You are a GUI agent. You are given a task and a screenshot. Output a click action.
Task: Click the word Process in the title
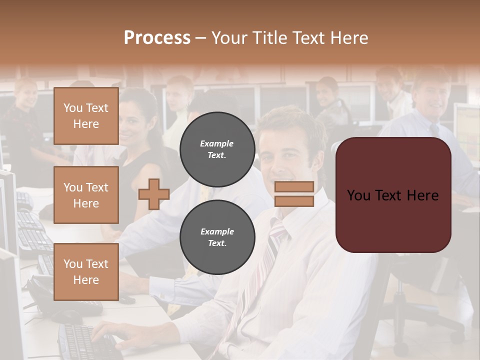pyautogui.click(x=157, y=38)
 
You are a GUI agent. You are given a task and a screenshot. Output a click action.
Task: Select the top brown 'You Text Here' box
pyautogui.click(x=86, y=116)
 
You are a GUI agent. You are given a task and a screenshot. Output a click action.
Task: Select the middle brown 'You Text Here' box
pyautogui.click(x=86, y=195)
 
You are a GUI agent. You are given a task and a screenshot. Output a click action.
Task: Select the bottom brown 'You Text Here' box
pyautogui.click(x=86, y=271)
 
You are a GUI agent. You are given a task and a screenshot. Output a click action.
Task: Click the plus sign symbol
pyautogui.click(x=153, y=194)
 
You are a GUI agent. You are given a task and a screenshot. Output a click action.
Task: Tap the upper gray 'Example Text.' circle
pyautogui.click(x=217, y=149)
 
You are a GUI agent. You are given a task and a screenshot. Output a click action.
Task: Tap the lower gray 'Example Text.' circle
pyautogui.click(x=217, y=237)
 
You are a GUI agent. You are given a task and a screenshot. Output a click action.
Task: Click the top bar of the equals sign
pyautogui.click(x=294, y=187)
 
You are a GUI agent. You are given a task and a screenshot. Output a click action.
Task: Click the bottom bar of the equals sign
pyautogui.click(x=294, y=201)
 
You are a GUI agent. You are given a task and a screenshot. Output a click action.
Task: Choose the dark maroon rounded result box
pyautogui.click(x=393, y=195)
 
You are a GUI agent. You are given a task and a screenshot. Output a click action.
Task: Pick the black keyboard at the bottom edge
pyautogui.click(x=85, y=342)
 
